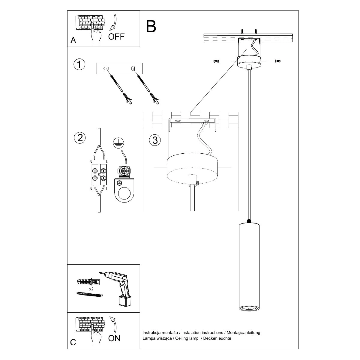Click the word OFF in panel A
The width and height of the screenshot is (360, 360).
pyautogui.click(x=116, y=37)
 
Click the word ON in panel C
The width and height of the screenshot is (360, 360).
pyautogui.click(x=114, y=338)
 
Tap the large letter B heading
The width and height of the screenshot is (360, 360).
pyautogui.click(x=151, y=26)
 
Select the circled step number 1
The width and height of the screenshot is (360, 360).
pyautogui.click(x=79, y=64)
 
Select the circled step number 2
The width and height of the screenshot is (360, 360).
pyautogui.click(x=79, y=138)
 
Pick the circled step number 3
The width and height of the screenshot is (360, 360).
pyautogui.click(x=155, y=140)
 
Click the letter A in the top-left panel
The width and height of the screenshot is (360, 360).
pyautogui.click(x=73, y=40)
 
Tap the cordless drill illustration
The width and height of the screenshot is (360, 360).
pyautogui.click(x=121, y=285)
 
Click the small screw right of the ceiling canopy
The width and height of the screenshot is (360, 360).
pyautogui.click(x=277, y=61)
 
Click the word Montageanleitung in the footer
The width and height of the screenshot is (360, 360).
pyautogui.click(x=243, y=333)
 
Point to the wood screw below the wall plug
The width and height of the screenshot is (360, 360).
pyautogui.click(x=90, y=295)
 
